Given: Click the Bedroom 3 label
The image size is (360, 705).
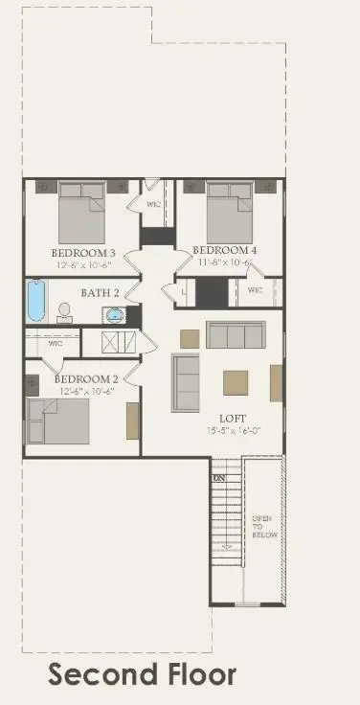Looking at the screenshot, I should [x=82, y=253].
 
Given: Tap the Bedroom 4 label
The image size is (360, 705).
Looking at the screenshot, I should [x=224, y=250].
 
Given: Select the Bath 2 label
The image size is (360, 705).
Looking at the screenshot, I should [x=100, y=292].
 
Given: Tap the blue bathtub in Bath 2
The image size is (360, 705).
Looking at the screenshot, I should [x=35, y=301].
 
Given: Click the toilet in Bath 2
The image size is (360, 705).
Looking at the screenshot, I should [x=65, y=312].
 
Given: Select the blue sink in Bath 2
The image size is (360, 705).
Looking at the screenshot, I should [x=115, y=314].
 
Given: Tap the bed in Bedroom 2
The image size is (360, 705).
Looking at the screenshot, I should [x=58, y=420].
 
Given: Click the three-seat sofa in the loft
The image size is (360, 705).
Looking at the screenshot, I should [x=235, y=335].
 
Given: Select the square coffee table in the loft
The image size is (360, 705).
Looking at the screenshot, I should [x=236, y=383].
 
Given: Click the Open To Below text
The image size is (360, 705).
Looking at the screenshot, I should [x=263, y=526].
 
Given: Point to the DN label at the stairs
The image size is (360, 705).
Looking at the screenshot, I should [x=219, y=477].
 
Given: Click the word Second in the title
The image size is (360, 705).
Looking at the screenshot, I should [x=95, y=674].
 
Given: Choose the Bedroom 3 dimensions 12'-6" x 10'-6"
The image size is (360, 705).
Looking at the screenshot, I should [x=82, y=265].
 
